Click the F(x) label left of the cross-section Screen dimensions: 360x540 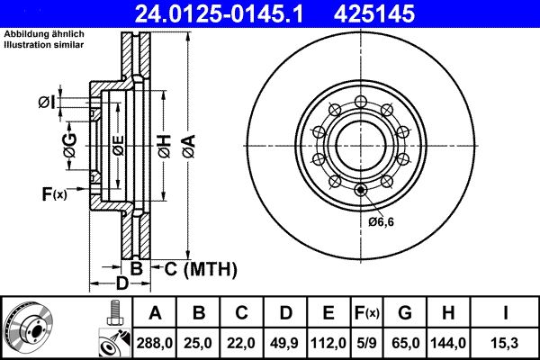[x=54, y=193]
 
